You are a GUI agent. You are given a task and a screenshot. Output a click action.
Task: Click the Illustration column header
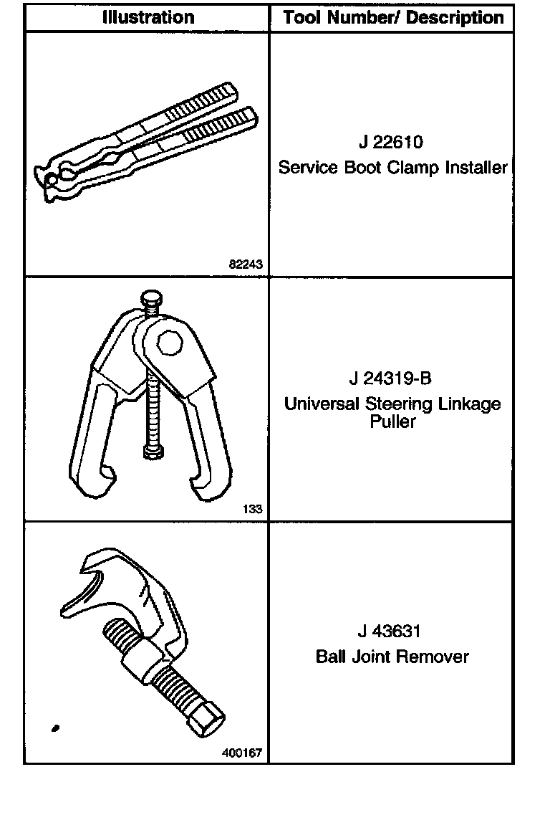(148, 17)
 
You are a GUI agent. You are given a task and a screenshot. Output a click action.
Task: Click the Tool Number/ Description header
(393, 17)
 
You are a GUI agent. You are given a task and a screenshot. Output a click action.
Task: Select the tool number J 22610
(392, 142)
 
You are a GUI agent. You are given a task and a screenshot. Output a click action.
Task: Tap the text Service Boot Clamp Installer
(392, 168)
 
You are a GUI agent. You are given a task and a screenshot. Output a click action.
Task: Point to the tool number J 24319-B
(392, 378)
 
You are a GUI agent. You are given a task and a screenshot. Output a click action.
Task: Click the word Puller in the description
(392, 421)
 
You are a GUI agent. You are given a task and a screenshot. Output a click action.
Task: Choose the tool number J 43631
(392, 631)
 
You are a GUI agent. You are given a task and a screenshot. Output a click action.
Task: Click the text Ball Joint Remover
(392, 657)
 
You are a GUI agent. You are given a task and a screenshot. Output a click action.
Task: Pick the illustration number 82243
(246, 264)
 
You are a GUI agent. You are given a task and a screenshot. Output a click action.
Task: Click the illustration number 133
(253, 510)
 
